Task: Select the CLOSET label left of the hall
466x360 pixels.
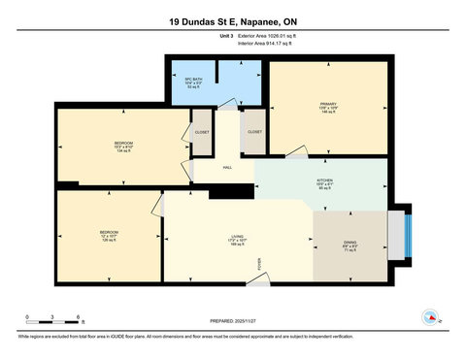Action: pos(202,131)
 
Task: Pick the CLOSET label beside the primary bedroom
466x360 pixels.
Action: pos(254,131)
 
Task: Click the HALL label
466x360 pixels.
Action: pos(227,168)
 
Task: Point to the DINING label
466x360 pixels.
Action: pos(349,243)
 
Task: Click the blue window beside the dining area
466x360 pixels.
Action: pos(408,233)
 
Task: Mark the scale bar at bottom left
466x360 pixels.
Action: pos(53,321)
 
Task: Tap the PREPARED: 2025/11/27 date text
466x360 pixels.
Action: pos(233,321)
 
